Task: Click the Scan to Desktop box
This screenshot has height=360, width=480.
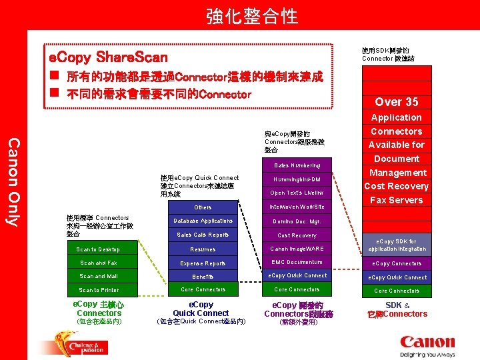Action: coord(99,249)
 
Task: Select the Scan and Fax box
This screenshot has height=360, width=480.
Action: coord(99,263)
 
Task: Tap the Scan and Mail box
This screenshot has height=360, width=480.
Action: coord(99,276)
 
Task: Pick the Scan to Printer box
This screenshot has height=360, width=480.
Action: coord(99,290)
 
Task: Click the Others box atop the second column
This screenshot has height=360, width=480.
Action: coord(203,207)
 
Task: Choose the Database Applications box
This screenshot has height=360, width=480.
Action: coord(203,221)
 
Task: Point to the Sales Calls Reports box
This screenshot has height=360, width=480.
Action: coord(203,235)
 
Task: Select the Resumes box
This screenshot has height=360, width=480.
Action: coord(203,249)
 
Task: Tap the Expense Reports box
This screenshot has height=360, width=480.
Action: coord(203,263)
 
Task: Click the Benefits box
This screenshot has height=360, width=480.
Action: coord(203,276)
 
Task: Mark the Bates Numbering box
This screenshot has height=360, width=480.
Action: coord(297,165)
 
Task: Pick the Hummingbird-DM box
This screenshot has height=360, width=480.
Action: coord(297,179)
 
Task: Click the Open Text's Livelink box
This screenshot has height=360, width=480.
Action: coord(297,193)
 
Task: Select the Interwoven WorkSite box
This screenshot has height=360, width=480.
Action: coord(297,207)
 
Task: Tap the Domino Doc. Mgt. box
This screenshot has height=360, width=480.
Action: coord(297,221)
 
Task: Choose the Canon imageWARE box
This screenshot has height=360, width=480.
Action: coord(297,249)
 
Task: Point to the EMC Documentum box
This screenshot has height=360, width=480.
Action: coord(297,263)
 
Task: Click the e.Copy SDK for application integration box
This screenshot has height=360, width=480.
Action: coord(397,245)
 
